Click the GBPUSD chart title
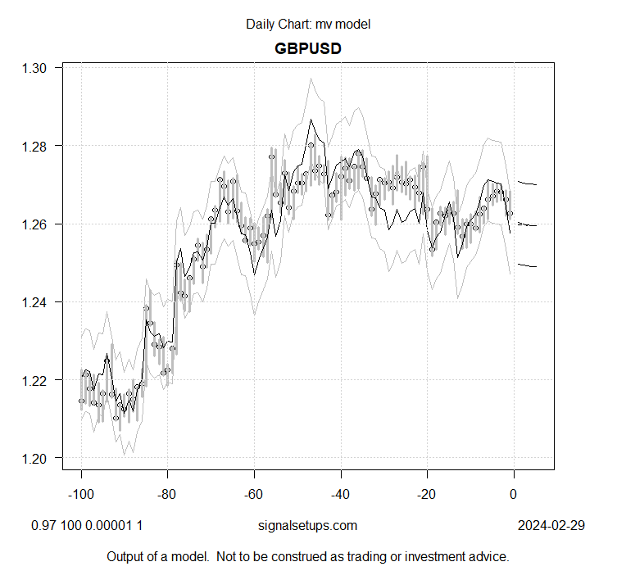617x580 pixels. click(x=307, y=48)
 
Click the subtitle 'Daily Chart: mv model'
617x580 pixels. click(x=307, y=24)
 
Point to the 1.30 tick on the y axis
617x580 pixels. click(x=39, y=68)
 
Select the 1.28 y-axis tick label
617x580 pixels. click(x=39, y=146)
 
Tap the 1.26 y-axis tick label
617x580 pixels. click(x=39, y=224)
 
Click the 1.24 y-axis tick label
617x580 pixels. click(x=39, y=302)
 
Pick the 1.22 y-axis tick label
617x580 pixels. click(x=39, y=380)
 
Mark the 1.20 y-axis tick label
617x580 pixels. click(x=39, y=458)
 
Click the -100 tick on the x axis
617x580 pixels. click(x=81, y=494)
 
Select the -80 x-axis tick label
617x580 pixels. click(x=167, y=494)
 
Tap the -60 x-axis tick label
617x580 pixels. click(x=254, y=494)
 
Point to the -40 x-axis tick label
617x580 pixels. click(x=340, y=494)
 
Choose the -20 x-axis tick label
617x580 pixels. click(x=427, y=494)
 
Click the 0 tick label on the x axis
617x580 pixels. click(x=514, y=494)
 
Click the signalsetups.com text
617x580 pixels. click(x=307, y=526)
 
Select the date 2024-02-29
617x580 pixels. click(x=551, y=526)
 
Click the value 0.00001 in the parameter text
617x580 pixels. click(x=110, y=526)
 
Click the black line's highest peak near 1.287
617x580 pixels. click(x=311, y=119)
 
